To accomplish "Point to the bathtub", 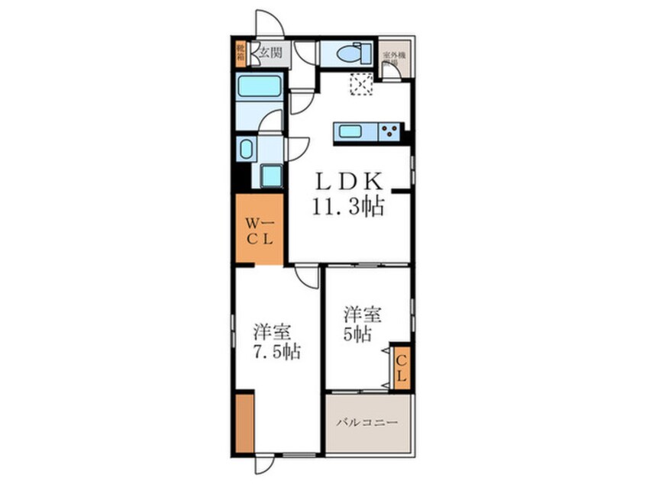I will click(259, 86).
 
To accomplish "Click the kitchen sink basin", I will click(350, 131).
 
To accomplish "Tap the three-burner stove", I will click(389, 131).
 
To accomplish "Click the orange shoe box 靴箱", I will click(240, 53).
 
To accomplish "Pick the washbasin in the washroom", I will click(246, 148).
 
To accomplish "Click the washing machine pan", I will click(271, 176).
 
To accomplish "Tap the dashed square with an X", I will click(360, 84).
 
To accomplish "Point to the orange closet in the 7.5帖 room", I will click(244, 422).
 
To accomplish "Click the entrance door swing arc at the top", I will click(269, 23).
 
